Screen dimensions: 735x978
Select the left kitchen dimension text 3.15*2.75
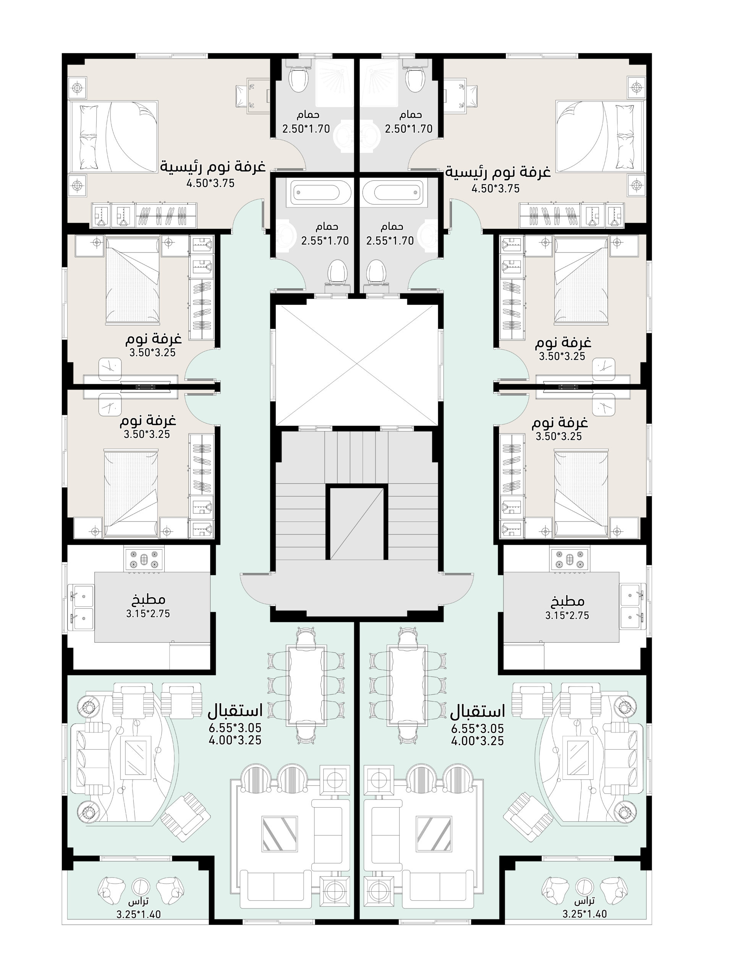(x=148, y=614)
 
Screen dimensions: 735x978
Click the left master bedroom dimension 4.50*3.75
(x=210, y=183)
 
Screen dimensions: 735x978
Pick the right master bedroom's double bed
(x=600, y=136)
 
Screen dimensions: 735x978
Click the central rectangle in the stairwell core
(x=357, y=522)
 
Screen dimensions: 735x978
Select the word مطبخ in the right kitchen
(x=567, y=601)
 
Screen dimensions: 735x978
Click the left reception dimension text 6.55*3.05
(x=235, y=728)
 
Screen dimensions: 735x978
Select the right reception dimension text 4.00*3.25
(x=477, y=741)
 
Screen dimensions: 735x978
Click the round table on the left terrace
(x=141, y=885)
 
